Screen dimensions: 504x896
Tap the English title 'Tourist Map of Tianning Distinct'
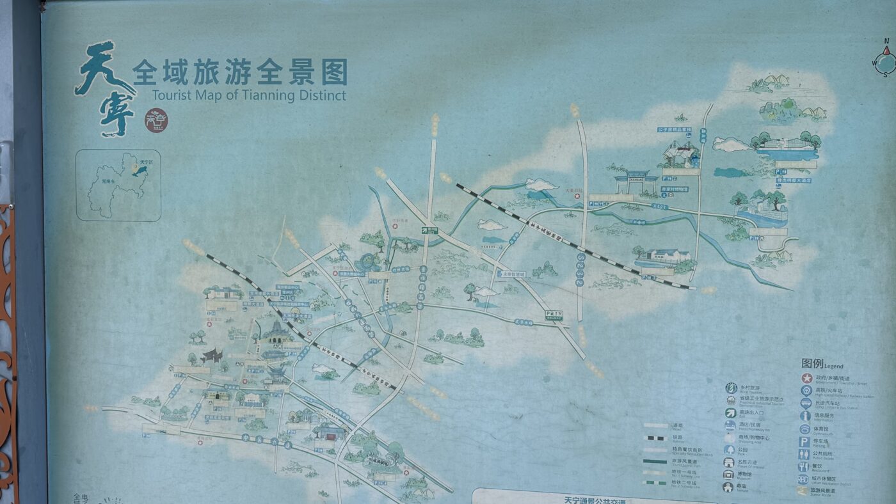(x=249, y=96)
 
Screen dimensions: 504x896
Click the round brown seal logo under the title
(x=156, y=120)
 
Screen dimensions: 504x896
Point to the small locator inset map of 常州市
(x=118, y=185)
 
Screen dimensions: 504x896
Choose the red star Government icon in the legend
(x=806, y=378)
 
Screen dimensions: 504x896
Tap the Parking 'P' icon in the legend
(x=804, y=441)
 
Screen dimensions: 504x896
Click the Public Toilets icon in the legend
(x=804, y=453)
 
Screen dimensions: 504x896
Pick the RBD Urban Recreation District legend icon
(x=804, y=479)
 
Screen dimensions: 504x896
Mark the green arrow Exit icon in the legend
(x=730, y=413)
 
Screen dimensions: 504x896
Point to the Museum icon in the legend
(x=728, y=474)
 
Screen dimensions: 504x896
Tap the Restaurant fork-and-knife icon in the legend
(x=804, y=466)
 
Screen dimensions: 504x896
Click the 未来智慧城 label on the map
(x=512, y=274)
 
